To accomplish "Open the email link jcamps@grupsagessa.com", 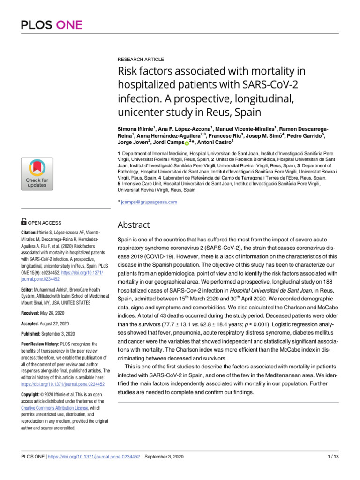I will (149, 202).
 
